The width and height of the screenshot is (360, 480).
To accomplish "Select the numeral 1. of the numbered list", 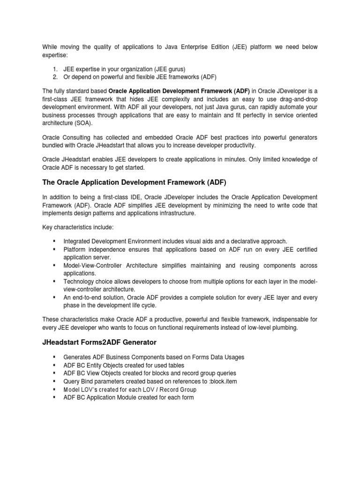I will click(55, 69).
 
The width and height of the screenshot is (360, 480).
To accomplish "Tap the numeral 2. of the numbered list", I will click(55, 77).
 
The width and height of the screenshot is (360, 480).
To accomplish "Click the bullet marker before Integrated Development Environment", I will click(55, 241).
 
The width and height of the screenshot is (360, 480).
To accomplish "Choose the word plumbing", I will click(283, 328).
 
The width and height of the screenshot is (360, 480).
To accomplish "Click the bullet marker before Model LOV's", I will click(55, 390).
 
